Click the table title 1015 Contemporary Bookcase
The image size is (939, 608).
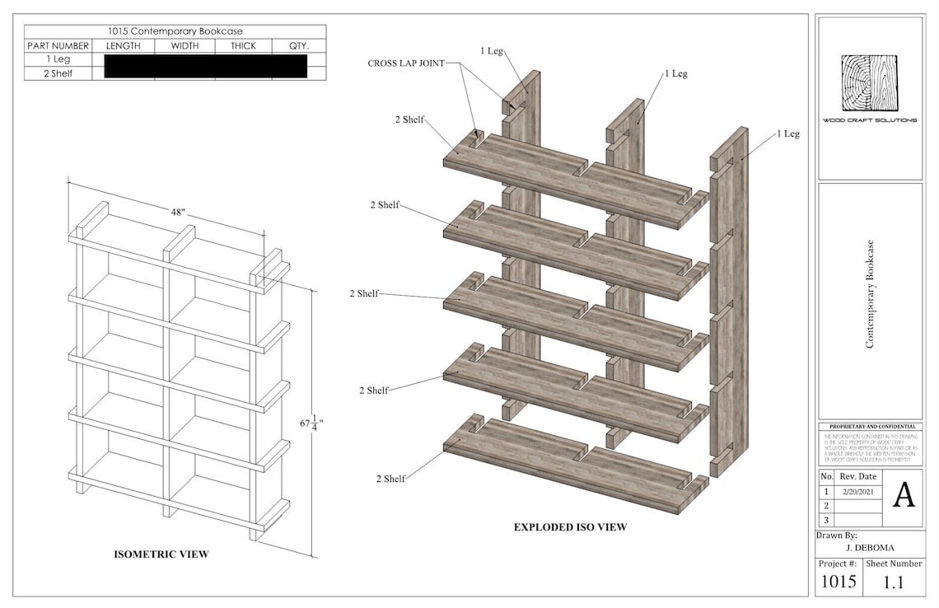[x=175, y=31]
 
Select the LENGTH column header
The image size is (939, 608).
[x=123, y=46]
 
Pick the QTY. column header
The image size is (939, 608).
[x=298, y=46]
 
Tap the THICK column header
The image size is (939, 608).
[x=243, y=46]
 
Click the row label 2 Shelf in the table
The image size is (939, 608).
[x=58, y=73]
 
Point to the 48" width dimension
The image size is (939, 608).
[x=178, y=213]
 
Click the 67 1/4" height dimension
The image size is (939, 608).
[x=311, y=423]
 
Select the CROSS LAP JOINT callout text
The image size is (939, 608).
[x=405, y=63]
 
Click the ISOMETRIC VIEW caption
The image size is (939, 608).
[x=161, y=554]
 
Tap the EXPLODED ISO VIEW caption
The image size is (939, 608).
[x=570, y=527]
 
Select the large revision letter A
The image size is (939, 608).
[x=904, y=495]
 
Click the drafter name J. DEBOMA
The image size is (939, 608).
[x=869, y=547]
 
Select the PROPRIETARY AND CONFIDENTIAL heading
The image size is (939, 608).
[x=870, y=427]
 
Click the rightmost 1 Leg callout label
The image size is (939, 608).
[x=787, y=133]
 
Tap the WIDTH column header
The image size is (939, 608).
[x=185, y=46]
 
